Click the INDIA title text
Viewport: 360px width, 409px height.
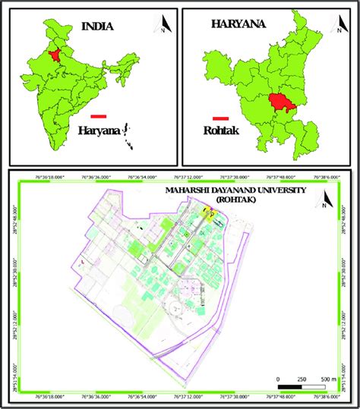98,27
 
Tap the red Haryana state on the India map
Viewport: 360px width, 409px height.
55,54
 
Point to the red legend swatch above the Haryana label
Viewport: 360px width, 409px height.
97,116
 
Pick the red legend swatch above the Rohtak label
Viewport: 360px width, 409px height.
221,118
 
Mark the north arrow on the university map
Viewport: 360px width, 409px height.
325,201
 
